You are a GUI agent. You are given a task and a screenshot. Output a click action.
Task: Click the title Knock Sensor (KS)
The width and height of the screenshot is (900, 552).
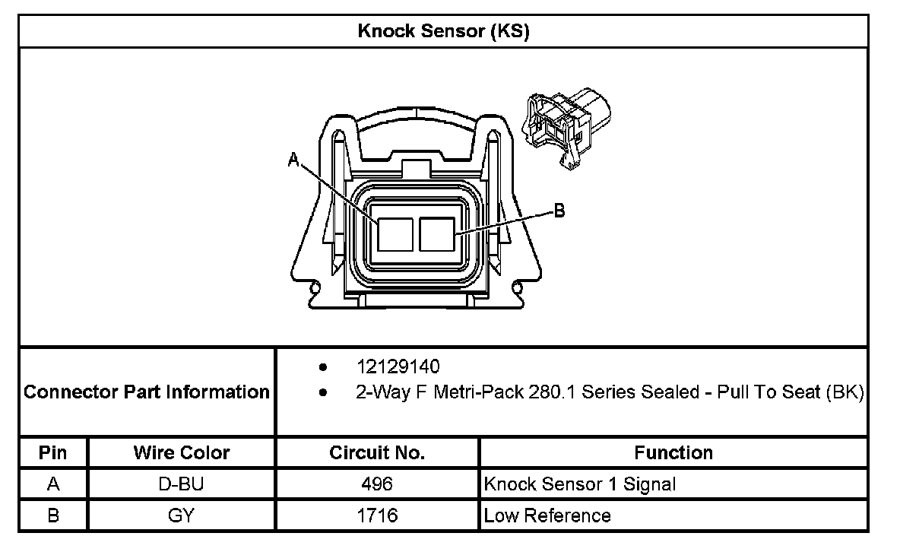pos(443,31)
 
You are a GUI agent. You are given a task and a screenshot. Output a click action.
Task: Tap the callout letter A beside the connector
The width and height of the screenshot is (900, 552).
pos(293,159)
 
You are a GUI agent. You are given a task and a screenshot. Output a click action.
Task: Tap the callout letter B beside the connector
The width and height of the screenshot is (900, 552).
pos(559,211)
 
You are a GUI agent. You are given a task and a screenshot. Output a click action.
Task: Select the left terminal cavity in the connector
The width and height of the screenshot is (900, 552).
pos(395,234)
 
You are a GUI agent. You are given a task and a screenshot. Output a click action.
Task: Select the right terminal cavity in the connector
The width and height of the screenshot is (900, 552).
pos(437,234)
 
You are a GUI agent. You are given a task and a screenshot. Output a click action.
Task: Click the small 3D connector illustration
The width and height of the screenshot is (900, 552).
pos(566,129)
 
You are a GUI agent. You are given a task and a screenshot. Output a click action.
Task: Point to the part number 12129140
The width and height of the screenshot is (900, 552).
pos(398,366)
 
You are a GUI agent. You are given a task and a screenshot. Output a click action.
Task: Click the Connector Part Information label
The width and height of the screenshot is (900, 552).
pos(147,392)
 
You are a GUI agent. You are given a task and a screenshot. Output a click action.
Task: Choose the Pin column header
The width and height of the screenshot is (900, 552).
pos(52,452)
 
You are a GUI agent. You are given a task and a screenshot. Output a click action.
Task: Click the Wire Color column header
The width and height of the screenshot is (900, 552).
pos(182,452)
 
